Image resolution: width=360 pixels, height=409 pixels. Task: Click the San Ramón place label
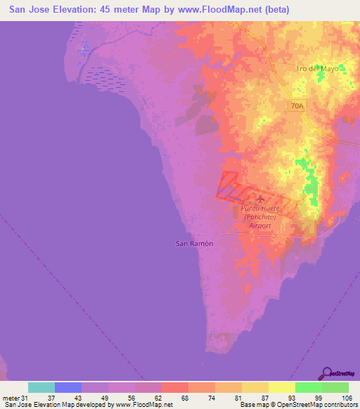click(x=193, y=243)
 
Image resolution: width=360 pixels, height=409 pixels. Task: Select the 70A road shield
click(x=297, y=105)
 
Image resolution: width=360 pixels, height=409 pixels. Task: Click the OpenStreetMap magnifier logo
click(x=328, y=373)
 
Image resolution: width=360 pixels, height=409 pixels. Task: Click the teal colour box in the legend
click(x=41, y=387)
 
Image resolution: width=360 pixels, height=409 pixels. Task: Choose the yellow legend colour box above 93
click(x=282, y=387)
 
